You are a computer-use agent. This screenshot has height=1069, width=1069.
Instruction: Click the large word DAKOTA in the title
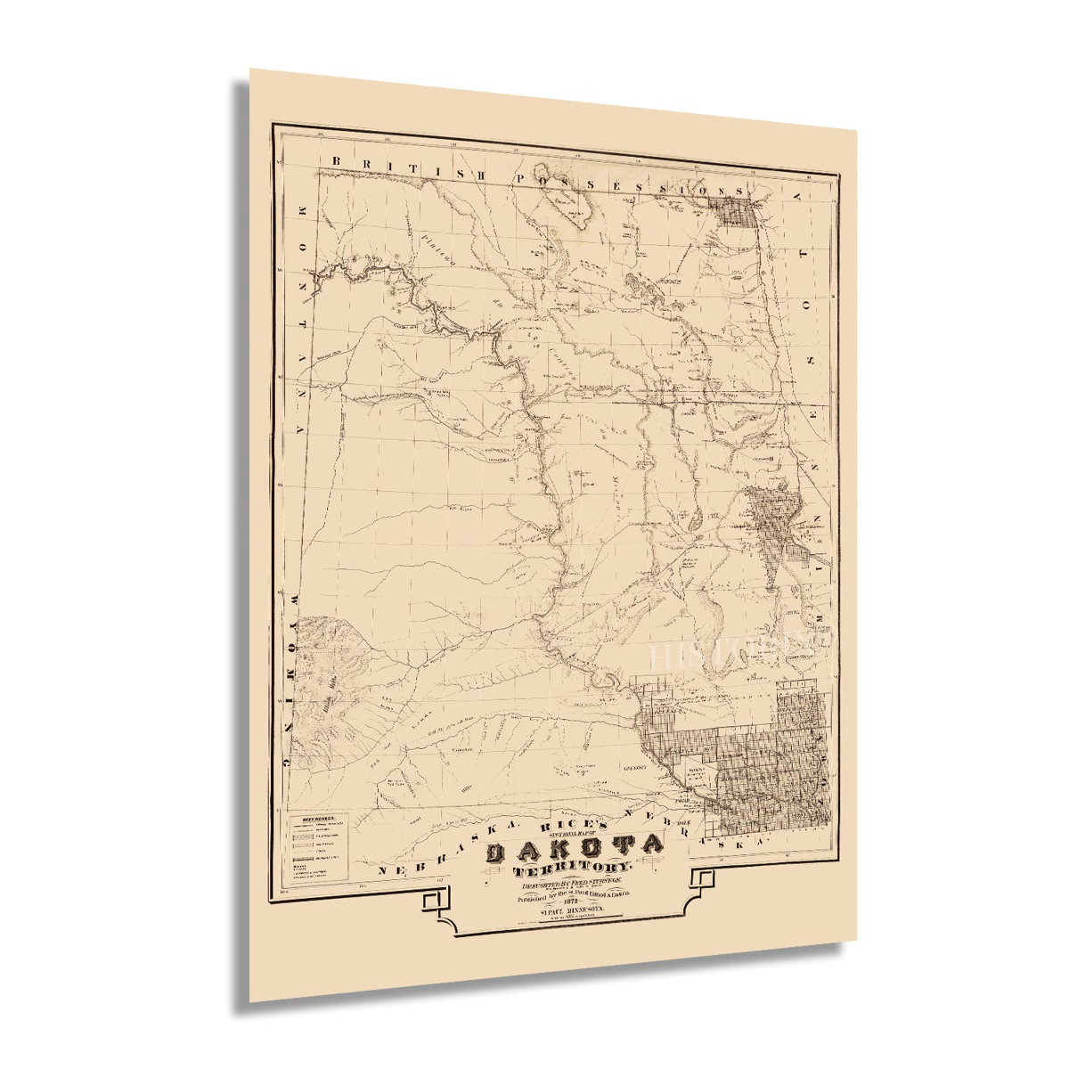575,848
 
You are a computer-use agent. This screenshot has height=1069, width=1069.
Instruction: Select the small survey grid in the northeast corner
738,214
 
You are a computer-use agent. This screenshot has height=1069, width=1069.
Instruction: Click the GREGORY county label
634,767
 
